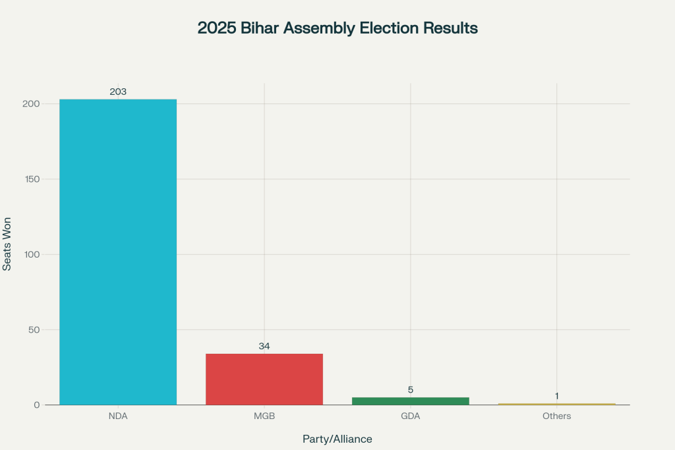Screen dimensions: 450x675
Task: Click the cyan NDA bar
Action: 118,252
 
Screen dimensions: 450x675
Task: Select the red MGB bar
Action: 264,379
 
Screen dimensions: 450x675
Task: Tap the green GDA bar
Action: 411,401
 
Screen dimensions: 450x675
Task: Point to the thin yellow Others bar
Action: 556,404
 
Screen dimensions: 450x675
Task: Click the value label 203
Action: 118,92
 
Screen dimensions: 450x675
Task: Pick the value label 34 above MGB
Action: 264,346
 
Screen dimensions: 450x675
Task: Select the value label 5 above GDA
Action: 411,389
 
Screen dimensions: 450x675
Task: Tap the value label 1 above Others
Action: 557,396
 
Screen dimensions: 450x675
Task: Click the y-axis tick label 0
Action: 38,405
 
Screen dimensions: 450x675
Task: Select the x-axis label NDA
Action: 118,416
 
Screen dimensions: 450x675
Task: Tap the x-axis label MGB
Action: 264,416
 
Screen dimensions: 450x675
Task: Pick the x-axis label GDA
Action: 411,416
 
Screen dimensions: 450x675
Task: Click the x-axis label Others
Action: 557,416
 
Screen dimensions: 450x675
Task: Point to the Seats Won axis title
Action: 7,244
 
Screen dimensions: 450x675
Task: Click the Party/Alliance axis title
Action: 337,439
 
